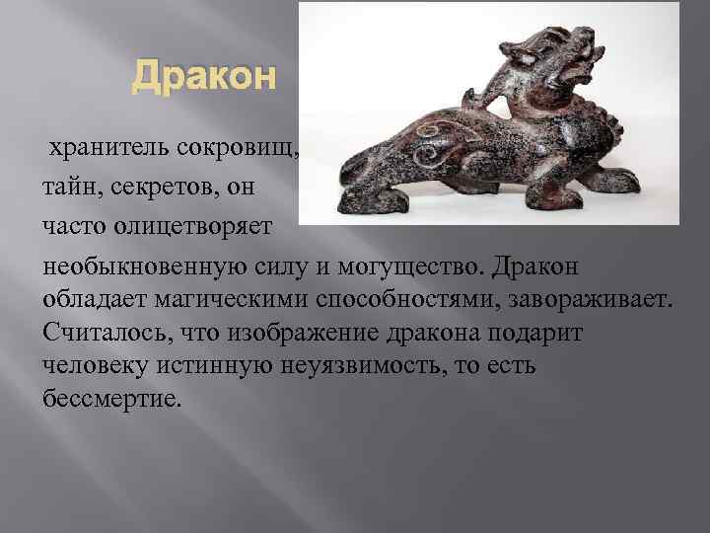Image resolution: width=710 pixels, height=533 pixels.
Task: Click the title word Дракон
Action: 205,75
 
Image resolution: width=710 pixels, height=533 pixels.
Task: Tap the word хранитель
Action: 112,149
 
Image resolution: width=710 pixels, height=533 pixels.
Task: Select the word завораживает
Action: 590,298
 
